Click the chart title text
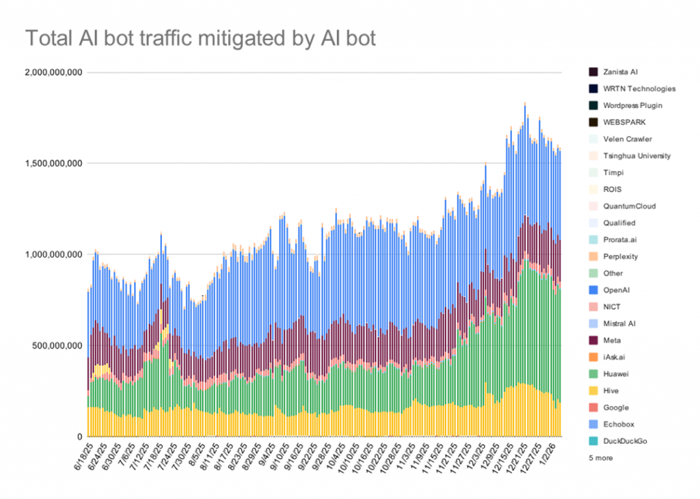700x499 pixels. [x=200, y=38]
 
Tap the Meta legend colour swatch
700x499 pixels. [x=593, y=340]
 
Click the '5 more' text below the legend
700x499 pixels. [x=600, y=458]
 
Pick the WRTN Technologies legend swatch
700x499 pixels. [x=593, y=89]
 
